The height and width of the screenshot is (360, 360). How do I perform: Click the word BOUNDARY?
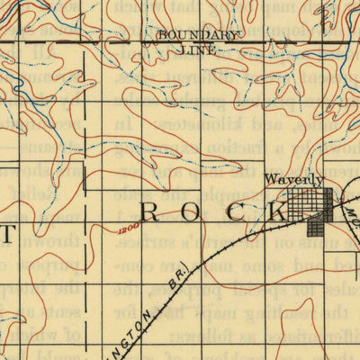click(x=199, y=34)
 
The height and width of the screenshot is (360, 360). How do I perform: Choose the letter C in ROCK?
click(x=244, y=213)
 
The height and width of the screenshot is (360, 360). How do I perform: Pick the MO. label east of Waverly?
click(x=348, y=215)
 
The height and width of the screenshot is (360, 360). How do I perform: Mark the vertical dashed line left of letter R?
click(x=86, y=207)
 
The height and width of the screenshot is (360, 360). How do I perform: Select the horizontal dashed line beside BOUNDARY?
click(x=90, y=41)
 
